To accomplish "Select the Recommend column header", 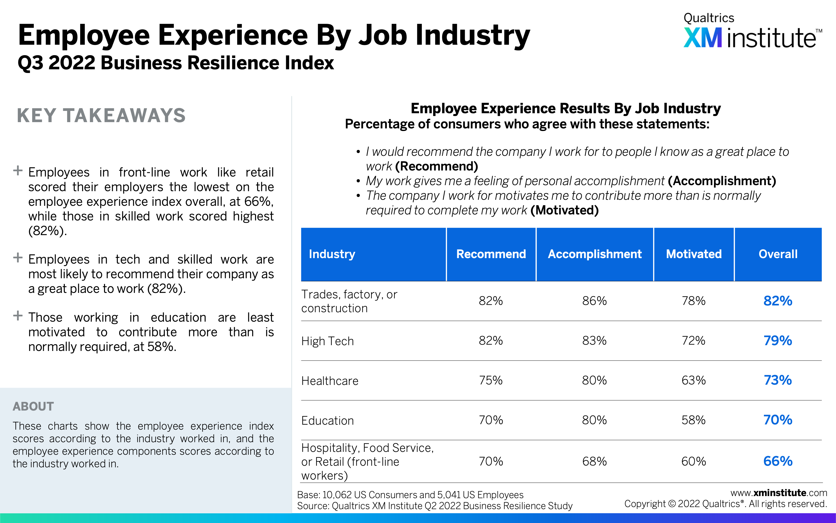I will (491, 254).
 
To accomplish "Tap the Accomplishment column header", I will (595, 254).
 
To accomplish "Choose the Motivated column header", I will (694, 254).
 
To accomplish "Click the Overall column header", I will (778, 254).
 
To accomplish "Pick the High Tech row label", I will (328, 341).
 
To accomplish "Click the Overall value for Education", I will (778, 420).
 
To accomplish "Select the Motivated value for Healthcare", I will (693, 380).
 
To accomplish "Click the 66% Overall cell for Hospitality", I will (778, 461).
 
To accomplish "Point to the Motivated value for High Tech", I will (693, 341).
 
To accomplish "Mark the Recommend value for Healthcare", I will (491, 380).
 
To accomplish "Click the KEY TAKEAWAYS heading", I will (101, 116).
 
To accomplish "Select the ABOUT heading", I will (33, 406).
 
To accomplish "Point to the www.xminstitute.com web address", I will (779, 493).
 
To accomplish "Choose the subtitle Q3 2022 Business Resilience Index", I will (176, 63).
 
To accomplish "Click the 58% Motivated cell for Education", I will (693, 420).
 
